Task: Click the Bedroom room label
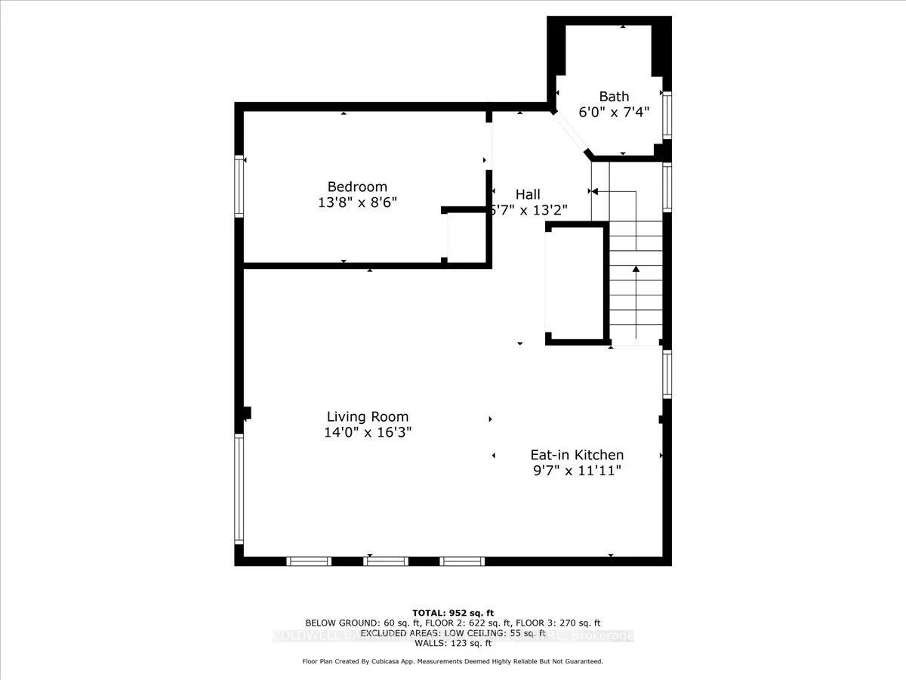(356, 187)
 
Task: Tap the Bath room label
(613, 96)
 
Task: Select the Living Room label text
(367, 416)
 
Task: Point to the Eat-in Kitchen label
(576, 455)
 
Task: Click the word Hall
(528, 194)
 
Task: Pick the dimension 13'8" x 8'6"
(356, 202)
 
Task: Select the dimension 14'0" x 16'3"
(367, 432)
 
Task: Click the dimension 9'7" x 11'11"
(576, 471)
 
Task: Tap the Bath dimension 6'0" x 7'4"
(613, 111)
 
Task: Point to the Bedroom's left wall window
(239, 187)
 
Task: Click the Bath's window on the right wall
(666, 115)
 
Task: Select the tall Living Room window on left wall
(239, 489)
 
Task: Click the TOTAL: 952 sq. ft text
(452, 612)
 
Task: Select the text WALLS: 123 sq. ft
(452, 643)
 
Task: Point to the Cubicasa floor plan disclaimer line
(452, 661)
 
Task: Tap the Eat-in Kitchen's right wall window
(666, 374)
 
